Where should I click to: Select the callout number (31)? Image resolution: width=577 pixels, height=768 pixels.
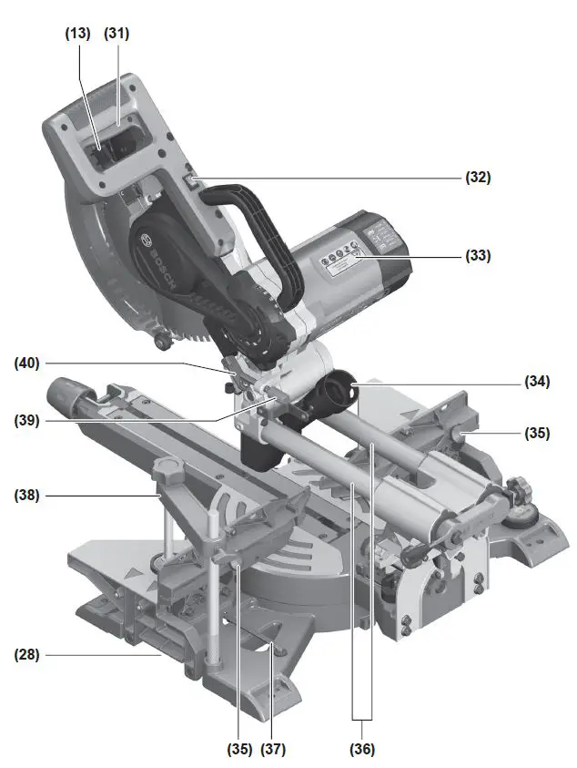coord(116,34)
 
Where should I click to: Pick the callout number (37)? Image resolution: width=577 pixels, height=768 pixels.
coord(273,750)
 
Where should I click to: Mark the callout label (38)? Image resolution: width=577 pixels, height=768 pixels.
coord(28,497)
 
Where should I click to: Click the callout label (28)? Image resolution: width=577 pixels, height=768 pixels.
coord(28,653)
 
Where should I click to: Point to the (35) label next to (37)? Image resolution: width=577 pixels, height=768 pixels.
coord(239,750)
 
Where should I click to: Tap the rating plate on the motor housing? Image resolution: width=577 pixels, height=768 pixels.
coord(341,262)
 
